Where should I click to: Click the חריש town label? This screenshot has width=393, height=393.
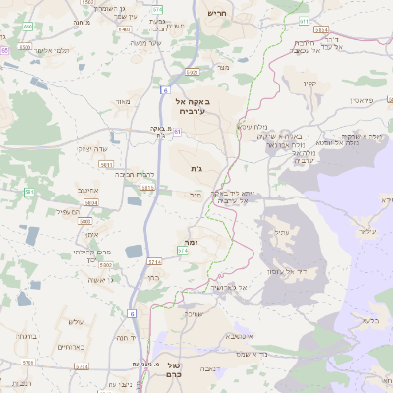pos(216,13)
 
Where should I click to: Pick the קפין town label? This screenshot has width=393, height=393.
pos(310,83)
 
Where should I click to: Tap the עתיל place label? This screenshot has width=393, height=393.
pos(284,231)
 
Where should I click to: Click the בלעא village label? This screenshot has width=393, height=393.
pos(371,319)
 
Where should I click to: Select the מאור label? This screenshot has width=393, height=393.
pos(122,101)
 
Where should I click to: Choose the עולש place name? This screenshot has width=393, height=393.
pos(75,322)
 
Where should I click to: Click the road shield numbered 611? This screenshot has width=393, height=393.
pos(305,20)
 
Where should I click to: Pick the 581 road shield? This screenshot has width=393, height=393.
pos(30,192)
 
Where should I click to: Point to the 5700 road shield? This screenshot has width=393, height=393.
pos(27,363)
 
